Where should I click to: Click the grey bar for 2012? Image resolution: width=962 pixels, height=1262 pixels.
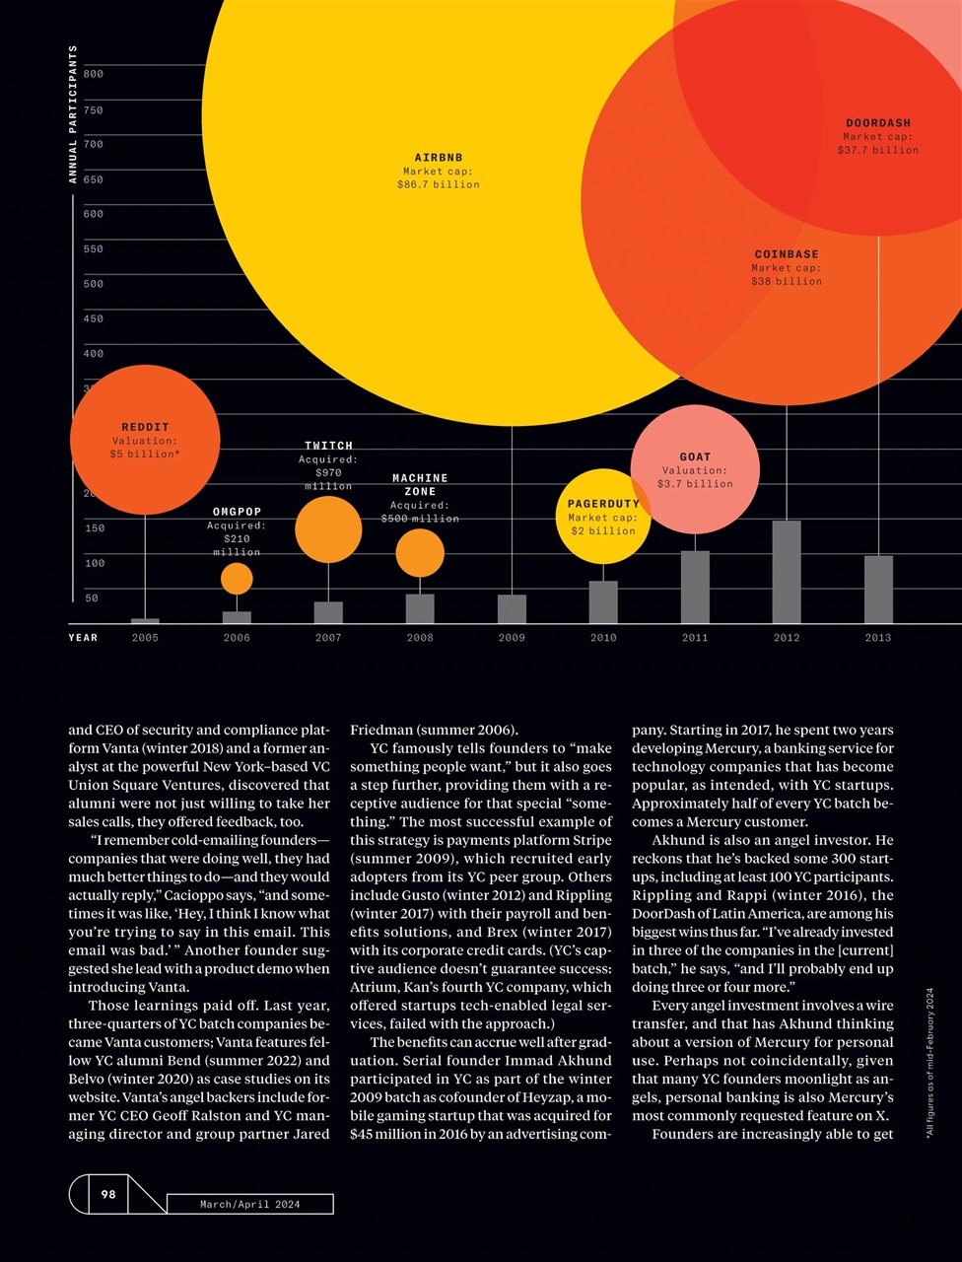pos(787,572)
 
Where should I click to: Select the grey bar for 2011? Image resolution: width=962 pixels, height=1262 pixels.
pos(695,587)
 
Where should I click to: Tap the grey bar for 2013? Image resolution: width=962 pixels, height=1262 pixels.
pos(878,590)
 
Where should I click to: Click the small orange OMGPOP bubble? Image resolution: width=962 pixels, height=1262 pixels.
pos(237,579)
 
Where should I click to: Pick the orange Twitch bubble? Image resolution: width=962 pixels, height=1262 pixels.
pos(328,529)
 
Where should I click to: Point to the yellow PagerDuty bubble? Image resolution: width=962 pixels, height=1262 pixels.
pos(602,530)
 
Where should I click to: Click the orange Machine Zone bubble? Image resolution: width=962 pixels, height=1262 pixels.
pos(420,553)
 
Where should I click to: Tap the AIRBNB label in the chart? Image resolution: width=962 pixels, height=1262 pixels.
pos(439,158)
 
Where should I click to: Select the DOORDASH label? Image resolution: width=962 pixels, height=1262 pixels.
pos(878,123)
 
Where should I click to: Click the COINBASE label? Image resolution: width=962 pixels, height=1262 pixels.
pos(787,254)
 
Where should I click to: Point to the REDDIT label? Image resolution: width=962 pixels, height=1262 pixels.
pos(145,428)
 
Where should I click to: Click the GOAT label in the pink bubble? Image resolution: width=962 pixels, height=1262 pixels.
pos(695,456)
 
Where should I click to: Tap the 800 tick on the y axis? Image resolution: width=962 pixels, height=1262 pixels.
pos(93,74)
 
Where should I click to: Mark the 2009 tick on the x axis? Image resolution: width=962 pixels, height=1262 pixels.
pos(512,638)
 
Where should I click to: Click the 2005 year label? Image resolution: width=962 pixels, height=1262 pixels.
pos(145,638)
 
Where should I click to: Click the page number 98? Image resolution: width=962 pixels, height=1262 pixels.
pos(108,1194)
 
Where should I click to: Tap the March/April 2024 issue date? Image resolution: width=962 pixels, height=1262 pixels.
pos(249,1204)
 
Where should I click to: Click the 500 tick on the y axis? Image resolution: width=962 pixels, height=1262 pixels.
pos(93,284)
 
